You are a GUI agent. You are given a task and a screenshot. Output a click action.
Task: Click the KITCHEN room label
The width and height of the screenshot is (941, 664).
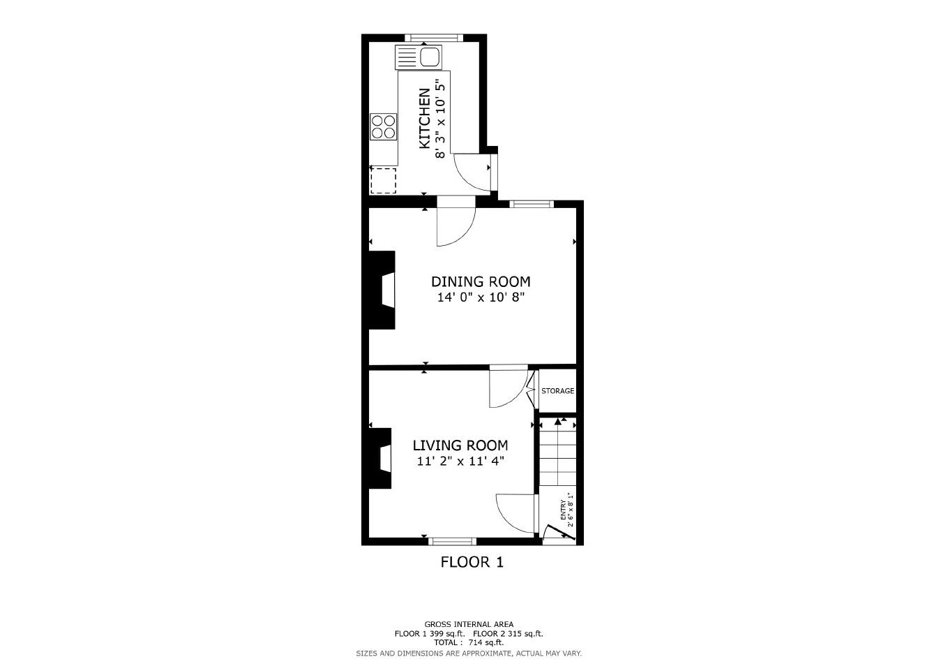[x=424, y=119]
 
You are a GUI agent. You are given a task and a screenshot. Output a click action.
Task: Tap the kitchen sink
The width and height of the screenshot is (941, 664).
[x=419, y=57]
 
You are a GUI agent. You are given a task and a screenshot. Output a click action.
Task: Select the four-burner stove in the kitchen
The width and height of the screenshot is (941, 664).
[x=383, y=126]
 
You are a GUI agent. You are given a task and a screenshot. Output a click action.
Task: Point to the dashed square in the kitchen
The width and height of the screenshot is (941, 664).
[x=383, y=180]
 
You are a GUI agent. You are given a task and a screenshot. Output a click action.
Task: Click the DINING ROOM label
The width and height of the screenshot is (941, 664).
[x=480, y=281]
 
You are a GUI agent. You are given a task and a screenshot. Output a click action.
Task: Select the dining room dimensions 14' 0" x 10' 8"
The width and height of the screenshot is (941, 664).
[x=480, y=297]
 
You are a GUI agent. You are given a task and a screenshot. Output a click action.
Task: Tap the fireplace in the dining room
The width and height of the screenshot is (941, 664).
[x=383, y=290]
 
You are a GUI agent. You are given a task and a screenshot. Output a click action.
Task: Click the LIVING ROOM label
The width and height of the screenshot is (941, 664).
[x=460, y=445]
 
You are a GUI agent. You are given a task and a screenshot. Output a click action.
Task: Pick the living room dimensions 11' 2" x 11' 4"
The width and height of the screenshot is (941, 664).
[x=460, y=461]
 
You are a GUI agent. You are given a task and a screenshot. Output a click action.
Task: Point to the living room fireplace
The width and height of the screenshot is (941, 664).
[x=381, y=457]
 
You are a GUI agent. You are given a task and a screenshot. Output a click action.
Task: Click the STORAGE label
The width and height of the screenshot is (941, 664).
[x=557, y=391]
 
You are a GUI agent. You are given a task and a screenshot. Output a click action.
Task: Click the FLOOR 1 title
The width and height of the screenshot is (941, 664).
[x=472, y=562]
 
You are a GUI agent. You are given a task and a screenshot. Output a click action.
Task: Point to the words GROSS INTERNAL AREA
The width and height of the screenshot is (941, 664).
[x=469, y=624]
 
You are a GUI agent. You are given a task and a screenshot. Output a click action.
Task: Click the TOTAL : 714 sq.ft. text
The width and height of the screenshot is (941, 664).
[x=469, y=642]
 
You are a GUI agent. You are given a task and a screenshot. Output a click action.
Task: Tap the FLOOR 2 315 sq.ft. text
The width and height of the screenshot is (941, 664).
[x=513, y=634]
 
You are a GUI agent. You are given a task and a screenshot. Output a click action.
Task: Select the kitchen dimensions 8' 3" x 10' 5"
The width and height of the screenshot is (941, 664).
[x=440, y=119]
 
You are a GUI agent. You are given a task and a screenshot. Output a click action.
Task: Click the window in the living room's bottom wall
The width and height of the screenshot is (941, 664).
[x=452, y=541]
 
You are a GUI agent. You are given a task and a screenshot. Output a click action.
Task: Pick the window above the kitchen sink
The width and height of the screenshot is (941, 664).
[x=433, y=37]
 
